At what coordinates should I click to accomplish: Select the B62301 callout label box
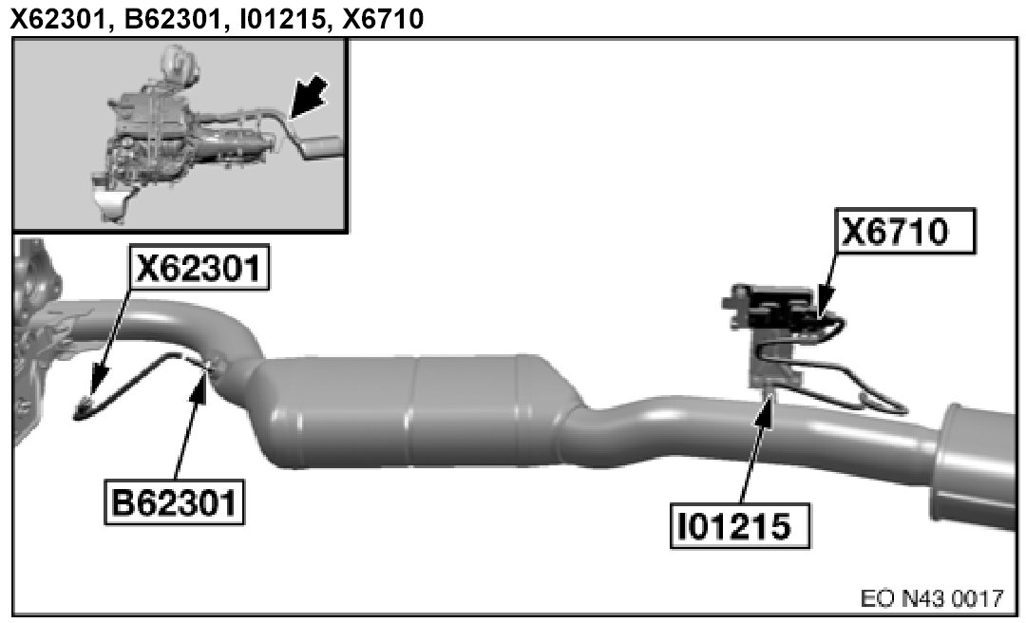pos(174,502)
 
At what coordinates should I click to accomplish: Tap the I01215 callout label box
pos(739,525)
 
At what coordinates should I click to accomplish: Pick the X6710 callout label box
pos(905,231)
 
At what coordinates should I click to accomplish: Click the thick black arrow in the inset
pos(307,97)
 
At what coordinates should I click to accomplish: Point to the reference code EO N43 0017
pos(932,598)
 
